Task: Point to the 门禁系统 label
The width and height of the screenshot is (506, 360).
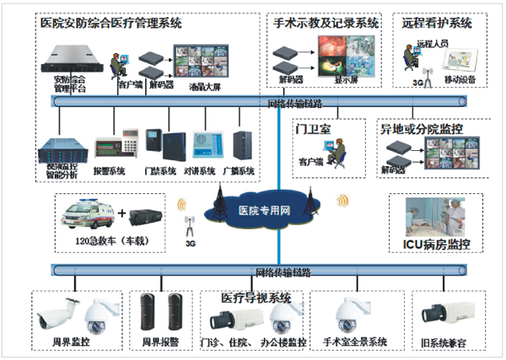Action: click(160, 171)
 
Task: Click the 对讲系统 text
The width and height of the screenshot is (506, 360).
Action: click(201, 171)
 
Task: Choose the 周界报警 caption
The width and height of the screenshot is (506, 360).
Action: click(162, 341)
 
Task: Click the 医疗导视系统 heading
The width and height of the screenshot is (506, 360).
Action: click(256, 298)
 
